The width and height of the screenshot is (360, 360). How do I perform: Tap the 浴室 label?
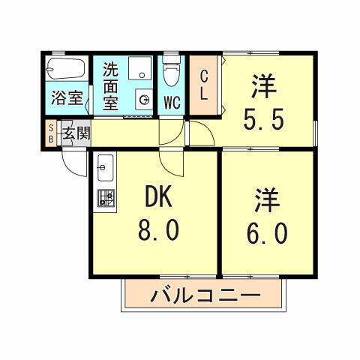click(66, 97)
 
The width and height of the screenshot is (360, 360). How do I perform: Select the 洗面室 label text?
click(110, 86)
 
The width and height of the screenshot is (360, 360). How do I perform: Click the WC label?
click(171, 102)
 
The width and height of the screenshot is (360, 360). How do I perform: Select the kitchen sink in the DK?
click(104, 166)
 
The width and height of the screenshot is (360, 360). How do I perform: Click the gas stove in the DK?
click(105, 199)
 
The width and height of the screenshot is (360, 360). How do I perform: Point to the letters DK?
click(158, 197)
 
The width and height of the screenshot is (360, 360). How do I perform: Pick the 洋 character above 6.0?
click(267, 201)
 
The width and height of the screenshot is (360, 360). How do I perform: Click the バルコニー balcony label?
click(205, 295)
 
